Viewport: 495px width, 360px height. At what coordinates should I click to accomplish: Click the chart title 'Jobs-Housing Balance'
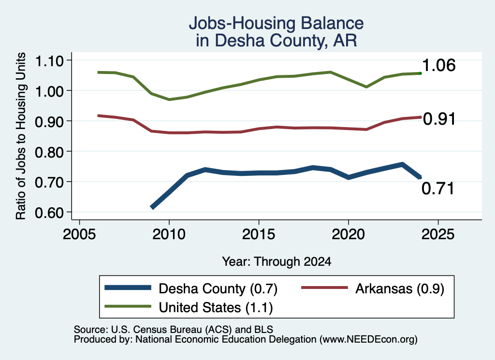276,23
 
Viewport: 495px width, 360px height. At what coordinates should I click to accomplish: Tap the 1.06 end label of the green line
438,65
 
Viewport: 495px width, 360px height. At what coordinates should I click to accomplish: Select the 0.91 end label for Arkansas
439,119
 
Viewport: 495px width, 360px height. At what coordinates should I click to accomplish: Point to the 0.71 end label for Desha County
438,188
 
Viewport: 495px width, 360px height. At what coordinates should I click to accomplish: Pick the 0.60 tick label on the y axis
49,212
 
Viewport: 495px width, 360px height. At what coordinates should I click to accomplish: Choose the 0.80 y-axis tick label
49,152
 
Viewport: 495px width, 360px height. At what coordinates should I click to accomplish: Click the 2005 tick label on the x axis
80,234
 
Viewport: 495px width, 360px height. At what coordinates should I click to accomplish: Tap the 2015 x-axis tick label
259,234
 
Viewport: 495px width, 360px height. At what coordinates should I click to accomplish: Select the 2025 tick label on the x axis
438,234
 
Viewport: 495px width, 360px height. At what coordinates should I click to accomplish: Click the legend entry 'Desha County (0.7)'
218,288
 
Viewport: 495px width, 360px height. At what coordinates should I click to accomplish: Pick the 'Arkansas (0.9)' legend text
400,288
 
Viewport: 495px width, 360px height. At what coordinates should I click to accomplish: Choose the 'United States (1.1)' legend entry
216,307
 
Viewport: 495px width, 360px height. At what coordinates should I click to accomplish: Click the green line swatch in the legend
128,306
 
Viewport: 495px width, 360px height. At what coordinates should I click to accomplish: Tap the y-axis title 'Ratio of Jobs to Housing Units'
21,136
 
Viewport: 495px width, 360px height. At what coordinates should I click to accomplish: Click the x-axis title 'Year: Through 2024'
277,261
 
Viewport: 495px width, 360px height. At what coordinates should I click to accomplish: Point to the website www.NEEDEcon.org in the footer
368,339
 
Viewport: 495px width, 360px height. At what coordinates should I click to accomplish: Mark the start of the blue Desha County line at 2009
152,207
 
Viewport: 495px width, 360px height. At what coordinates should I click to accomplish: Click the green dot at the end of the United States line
420,73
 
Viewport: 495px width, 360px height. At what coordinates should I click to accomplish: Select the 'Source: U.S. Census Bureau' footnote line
174,330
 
